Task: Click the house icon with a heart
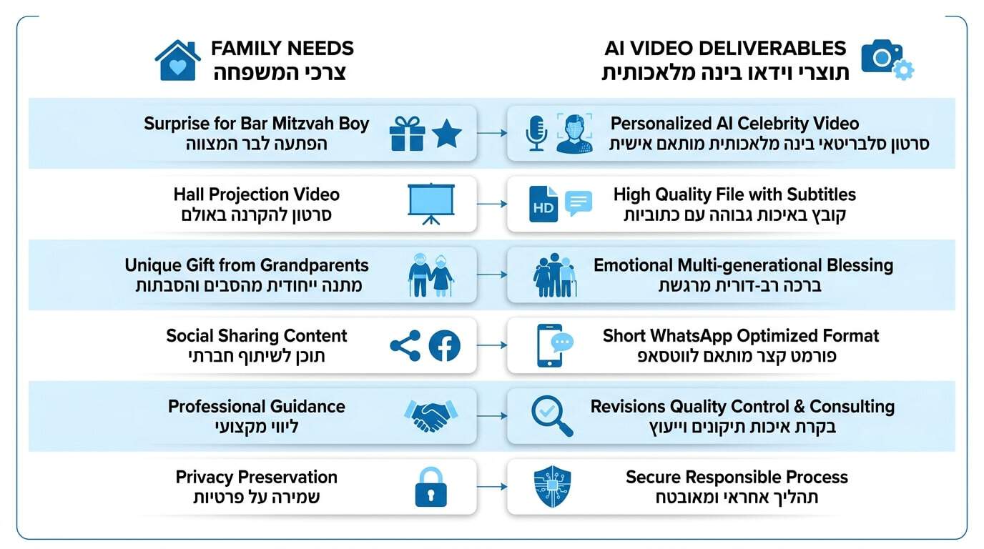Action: coord(177,61)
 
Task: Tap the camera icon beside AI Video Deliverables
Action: coord(887,60)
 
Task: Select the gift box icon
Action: coord(407,134)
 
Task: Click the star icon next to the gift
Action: coord(447,134)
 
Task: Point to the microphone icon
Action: coord(536,134)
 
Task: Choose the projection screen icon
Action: coord(431,204)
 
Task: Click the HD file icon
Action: coord(543,204)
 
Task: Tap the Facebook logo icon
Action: coord(445,346)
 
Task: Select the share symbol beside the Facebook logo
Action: coord(405,346)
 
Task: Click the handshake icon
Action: coord(431,416)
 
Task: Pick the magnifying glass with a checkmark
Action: coord(552,416)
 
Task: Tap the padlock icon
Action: coord(431,487)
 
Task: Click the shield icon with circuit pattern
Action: coord(552,487)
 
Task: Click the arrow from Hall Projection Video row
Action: coord(492,204)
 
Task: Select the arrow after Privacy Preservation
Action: coord(492,487)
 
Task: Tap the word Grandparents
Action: coord(314,265)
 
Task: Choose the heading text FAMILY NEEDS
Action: coord(282,49)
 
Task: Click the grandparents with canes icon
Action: coord(431,275)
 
